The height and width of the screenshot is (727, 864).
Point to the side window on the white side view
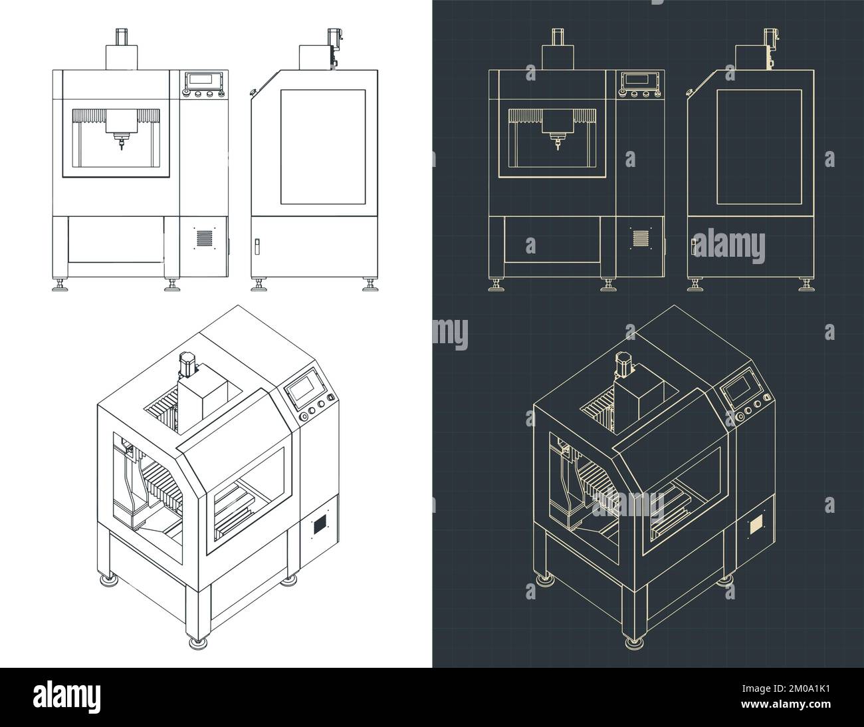(323, 146)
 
